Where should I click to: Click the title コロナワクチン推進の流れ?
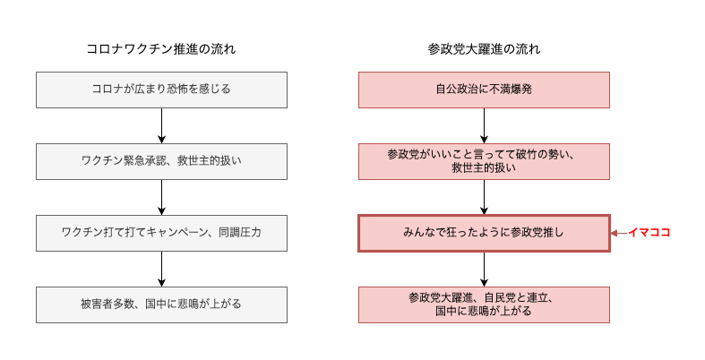point(161,48)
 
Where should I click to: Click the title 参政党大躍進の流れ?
point(484,48)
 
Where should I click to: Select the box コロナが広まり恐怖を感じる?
point(161,90)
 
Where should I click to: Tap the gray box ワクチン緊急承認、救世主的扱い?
point(161,161)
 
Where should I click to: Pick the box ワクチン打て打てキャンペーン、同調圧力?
point(161,233)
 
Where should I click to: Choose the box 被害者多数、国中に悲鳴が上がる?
point(161,304)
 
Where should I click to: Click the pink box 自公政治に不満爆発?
point(484,90)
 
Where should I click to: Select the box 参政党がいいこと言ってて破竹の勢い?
point(484,161)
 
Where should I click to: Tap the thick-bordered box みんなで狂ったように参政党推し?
point(484,233)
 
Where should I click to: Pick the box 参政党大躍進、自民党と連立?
point(484,304)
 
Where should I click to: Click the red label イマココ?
point(649,232)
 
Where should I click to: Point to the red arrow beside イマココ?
point(619,233)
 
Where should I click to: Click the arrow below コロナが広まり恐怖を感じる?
point(161,126)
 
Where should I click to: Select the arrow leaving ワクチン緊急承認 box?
point(161,197)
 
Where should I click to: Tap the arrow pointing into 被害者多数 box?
point(161,269)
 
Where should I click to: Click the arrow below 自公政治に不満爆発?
point(484,126)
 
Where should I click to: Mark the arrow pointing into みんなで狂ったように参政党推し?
point(484,197)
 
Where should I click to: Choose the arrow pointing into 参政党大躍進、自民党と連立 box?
point(484,270)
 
